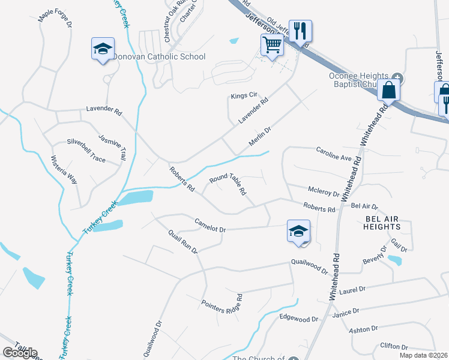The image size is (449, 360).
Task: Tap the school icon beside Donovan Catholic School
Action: (x=103, y=49)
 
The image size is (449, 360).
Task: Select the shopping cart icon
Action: (x=272, y=44)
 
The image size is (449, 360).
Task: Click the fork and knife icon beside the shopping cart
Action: (x=300, y=31)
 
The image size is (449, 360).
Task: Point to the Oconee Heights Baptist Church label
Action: (x=360, y=80)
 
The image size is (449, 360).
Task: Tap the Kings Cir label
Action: (x=244, y=95)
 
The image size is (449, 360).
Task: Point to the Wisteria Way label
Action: (x=64, y=170)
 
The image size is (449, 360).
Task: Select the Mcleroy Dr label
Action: (x=324, y=192)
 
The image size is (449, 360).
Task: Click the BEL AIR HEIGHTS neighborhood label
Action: (x=382, y=223)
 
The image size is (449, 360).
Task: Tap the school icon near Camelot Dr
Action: (x=298, y=232)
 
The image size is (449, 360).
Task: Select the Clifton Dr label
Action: (x=394, y=347)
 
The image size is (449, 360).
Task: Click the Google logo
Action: (x=19, y=352)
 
